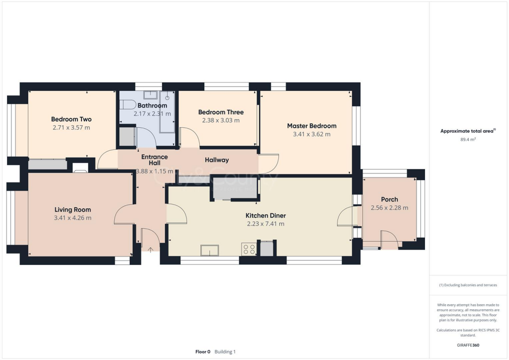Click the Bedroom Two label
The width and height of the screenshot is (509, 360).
(71, 119)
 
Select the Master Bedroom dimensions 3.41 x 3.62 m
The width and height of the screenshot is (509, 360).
(312, 134)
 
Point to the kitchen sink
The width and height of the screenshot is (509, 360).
(209, 250)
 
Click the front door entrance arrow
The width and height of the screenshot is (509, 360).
(150, 249)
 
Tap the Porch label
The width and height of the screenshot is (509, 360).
(389, 199)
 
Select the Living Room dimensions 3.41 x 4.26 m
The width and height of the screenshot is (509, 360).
(72, 218)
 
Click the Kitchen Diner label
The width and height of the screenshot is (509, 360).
(265, 216)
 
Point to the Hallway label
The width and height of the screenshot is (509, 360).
(217, 160)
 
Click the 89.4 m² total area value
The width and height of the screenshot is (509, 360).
(467, 140)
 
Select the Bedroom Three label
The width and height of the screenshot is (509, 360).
(221, 112)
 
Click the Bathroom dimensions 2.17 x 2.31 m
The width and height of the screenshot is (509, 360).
(152, 114)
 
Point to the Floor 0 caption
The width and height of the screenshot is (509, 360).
(203, 352)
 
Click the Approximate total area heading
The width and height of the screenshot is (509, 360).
(467, 131)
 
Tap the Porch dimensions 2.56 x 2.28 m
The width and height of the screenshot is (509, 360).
(389, 208)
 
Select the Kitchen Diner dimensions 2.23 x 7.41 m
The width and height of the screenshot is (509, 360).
(265, 224)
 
